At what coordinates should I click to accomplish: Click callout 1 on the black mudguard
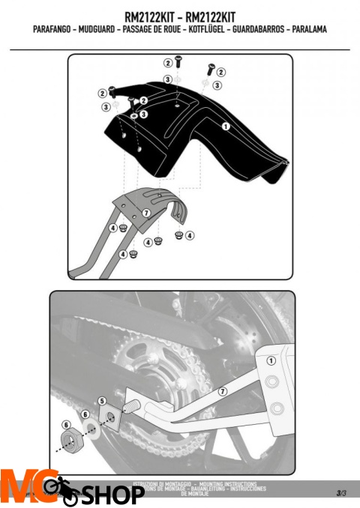pos(225,127)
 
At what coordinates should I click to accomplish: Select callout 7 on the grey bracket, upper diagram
pos(147,213)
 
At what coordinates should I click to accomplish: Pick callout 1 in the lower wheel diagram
pos(271,360)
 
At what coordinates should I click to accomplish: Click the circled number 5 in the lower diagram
pos(101,401)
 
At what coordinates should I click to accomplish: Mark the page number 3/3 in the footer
pos(341,492)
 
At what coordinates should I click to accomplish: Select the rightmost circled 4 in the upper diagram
pos(190,235)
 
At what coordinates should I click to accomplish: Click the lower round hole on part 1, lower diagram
pos(279,408)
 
